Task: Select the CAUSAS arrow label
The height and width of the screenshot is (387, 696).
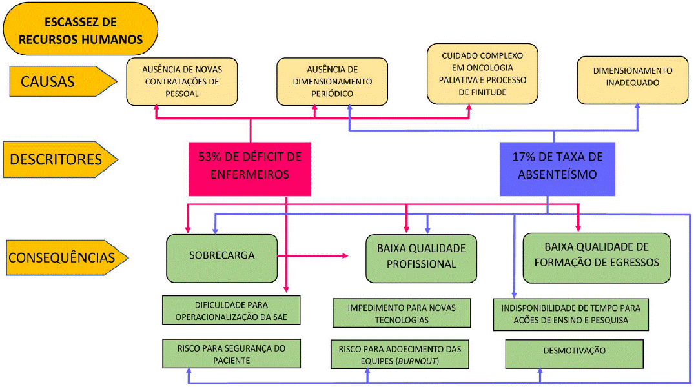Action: tap(58, 81)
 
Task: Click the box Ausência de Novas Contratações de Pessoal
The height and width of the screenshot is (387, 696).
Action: tap(182, 82)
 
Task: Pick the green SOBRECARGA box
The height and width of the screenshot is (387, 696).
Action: tap(222, 256)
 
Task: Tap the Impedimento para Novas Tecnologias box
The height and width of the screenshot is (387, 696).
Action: tap(400, 313)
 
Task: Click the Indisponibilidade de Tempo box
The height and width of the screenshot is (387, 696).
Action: tap(571, 313)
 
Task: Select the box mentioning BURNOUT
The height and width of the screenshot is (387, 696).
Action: tap(400, 355)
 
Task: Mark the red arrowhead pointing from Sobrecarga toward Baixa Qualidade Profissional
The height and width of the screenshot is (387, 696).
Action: tap(344, 256)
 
